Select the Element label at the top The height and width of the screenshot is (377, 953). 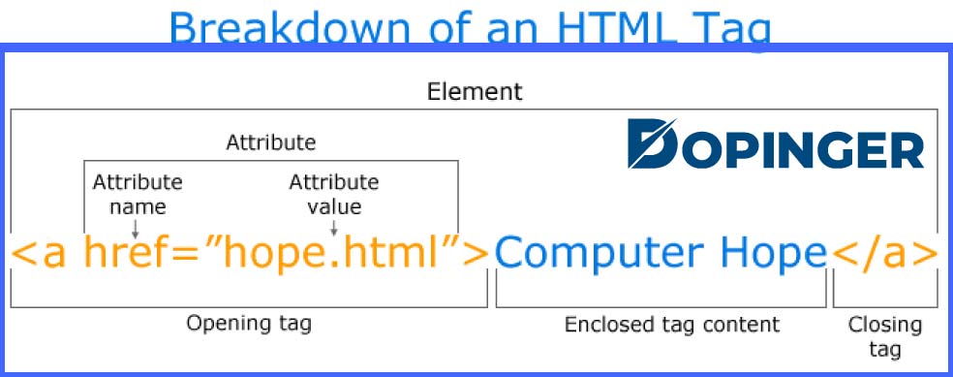[x=475, y=92]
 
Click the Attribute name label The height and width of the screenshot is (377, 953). [x=137, y=194]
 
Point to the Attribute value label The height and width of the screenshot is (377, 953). [x=334, y=194]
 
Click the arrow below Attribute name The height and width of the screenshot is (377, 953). [x=136, y=227]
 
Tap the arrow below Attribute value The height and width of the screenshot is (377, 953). [x=334, y=227]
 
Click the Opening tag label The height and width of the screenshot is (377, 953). [x=249, y=323]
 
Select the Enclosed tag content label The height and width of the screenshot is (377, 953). [x=660, y=324]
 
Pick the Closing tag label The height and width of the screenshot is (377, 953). [x=885, y=335]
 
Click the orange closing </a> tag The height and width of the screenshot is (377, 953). [x=884, y=254]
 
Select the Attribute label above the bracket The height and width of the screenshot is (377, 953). [x=270, y=142]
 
